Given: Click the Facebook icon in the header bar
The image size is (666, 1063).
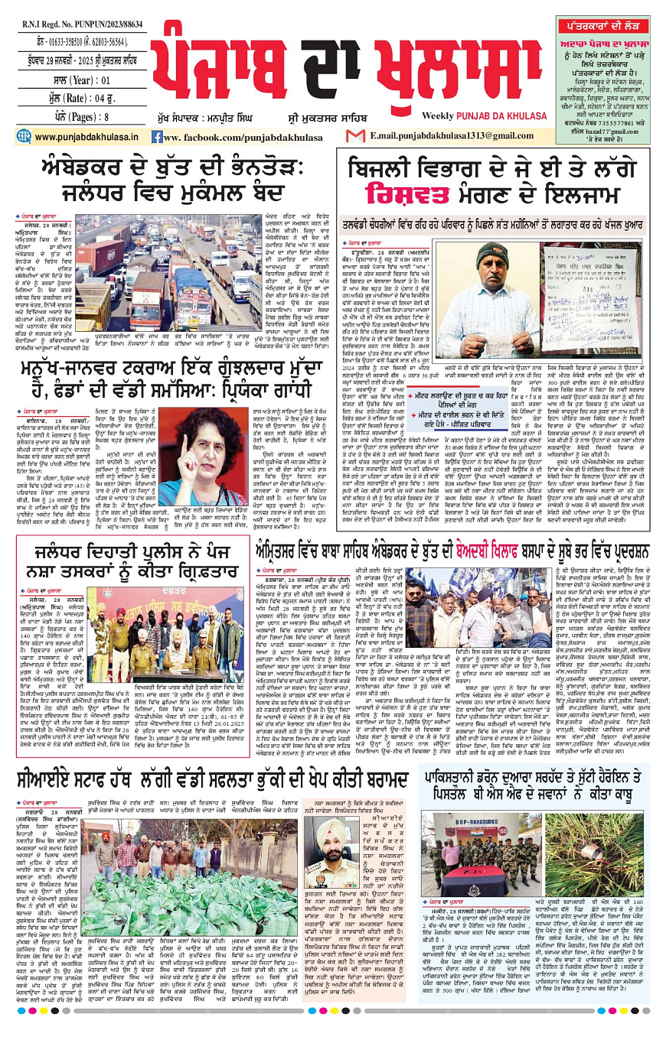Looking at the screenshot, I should tap(157, 137).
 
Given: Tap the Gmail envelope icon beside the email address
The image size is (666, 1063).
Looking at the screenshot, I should tap(355, 136).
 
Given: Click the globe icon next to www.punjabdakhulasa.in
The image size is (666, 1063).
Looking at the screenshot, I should tap(24, 137).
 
